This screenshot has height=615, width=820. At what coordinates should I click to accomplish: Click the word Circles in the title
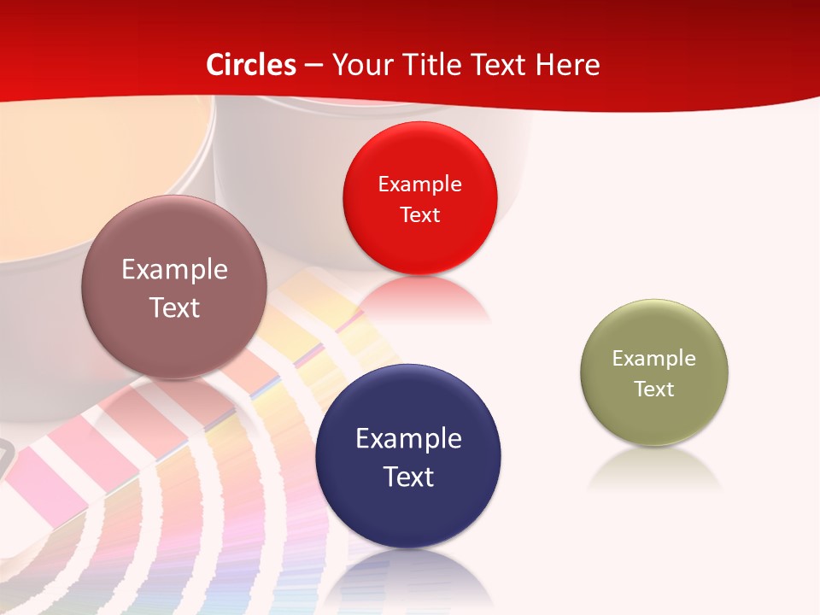[251, 65]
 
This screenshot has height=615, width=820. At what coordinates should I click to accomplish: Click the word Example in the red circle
[419, 184]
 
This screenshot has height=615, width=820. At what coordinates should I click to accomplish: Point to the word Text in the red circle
[419, 215]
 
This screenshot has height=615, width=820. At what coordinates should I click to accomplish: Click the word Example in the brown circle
[174, 270]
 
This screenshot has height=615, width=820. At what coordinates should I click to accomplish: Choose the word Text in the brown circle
[174, 307]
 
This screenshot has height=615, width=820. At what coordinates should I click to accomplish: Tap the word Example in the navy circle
[408, 439]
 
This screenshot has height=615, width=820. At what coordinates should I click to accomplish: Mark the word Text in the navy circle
[408, 477]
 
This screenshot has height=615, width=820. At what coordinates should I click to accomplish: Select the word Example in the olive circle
[654, 359]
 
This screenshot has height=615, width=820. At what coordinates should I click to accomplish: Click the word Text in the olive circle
[654, 389]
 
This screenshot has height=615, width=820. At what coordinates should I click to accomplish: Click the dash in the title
[313, 66]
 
